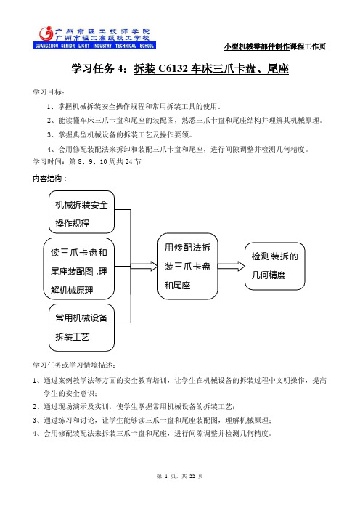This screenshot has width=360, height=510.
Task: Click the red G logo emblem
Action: tap(46, 33)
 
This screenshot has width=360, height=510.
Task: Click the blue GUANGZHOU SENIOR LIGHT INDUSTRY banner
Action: tap(94, 46)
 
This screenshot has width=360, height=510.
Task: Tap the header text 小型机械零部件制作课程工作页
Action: tap(275, 46)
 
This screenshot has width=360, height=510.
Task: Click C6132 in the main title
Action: tap(173, 68)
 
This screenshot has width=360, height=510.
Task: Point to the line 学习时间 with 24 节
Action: tap(87, 161)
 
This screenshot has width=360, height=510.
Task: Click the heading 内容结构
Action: tap(49, 178)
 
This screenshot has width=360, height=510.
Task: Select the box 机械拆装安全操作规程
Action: tap(81, 212)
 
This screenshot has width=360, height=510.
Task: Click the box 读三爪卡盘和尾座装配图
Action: tap(79, 269)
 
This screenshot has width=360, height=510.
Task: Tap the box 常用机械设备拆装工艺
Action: tap(81, 328)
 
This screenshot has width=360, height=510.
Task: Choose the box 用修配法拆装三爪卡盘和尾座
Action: tap(188, 266)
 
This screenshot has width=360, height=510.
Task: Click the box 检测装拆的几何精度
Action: tap(275, 266)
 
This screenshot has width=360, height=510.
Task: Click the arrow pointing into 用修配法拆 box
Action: tap(144, 266)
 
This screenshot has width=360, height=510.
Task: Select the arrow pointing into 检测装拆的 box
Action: tap(231, 266)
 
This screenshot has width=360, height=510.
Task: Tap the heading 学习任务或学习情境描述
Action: tap(74, 365)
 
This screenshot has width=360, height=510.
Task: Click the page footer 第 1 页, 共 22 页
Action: tap(180, 476)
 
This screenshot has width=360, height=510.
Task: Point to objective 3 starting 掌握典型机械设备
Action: tap(120, 134)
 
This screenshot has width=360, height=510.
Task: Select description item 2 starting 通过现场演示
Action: tap(134, 407)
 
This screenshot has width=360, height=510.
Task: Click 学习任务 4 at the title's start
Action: tap(97, 68)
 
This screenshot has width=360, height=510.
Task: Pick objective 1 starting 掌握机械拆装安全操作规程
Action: tap(134, 106)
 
